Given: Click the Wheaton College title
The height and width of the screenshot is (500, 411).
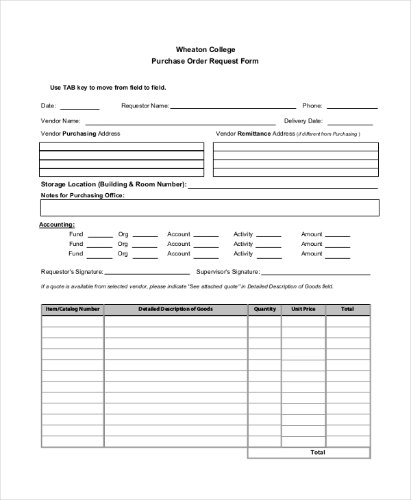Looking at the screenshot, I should point(205,50).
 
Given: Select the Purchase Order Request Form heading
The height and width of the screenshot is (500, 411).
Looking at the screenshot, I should point(205,62).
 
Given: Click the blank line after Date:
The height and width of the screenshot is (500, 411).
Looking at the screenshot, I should point(79,108).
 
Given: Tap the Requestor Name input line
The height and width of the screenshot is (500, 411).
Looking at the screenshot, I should point(233,108).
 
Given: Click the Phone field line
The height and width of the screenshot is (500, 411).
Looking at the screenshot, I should point(351,108).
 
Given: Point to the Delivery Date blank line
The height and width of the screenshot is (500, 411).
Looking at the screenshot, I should point(349,124).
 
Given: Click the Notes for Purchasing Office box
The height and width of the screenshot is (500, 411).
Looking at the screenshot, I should point(209,208).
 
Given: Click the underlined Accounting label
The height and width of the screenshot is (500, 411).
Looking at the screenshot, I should point(57,225).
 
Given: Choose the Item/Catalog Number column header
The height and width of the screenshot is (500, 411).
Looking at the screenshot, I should point(73,310).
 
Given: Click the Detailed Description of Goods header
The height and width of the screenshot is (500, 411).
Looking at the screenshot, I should point(175,310).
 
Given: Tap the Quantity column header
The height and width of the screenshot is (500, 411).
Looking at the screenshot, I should point(264,310).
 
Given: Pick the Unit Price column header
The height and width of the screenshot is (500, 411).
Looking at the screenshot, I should point(303,310).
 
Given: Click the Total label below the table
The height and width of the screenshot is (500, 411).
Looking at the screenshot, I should point(318,453).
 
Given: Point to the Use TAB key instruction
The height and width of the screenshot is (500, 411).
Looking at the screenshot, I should point(108,88).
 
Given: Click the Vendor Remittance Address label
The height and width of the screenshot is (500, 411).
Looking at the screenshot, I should point(255,134).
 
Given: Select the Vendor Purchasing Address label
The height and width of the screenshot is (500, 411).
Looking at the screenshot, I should point(80,134).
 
